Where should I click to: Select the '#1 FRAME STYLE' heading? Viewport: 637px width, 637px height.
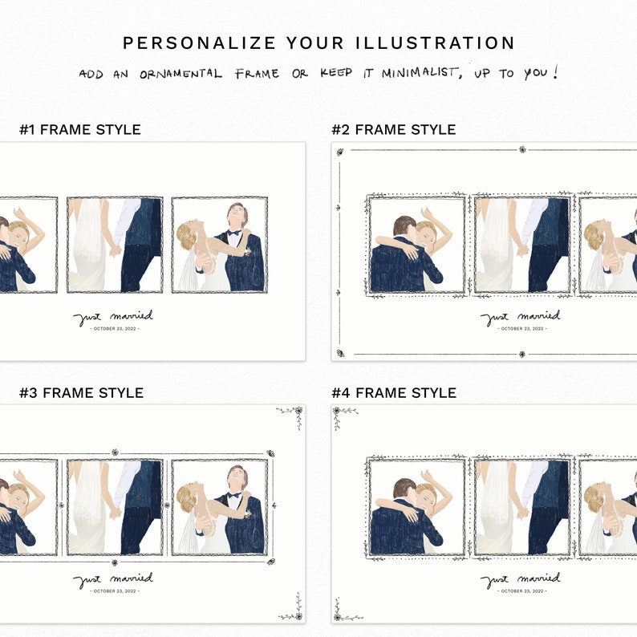80,129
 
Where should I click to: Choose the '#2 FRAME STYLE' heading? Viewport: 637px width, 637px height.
394,129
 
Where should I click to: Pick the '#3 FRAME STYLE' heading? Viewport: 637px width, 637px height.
81,392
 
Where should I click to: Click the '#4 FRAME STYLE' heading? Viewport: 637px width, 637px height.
394,392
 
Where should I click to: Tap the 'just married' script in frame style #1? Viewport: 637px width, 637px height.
113,318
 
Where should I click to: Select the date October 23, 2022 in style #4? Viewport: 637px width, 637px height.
521,591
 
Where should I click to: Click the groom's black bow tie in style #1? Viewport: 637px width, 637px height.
233,234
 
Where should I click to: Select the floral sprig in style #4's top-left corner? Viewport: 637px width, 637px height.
345,413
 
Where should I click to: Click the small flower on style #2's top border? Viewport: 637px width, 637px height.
522,149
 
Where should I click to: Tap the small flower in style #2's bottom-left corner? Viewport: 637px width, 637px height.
340,353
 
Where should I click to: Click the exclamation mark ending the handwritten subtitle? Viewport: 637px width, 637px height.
553,72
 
